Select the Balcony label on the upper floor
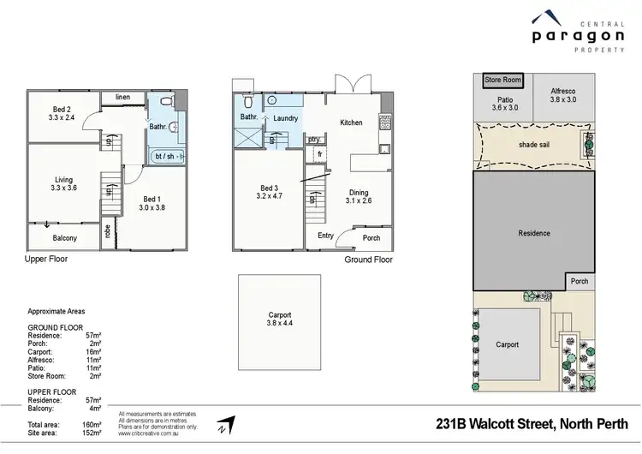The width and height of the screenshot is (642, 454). point(64,238)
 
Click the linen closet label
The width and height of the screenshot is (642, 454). point(123,98)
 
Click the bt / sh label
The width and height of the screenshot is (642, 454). point(167,156)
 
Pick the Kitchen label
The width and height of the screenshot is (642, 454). point(351,122)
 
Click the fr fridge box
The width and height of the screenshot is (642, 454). point(320,154)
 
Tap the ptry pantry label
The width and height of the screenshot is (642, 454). point(314,139)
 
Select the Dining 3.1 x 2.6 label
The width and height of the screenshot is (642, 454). point(358,197)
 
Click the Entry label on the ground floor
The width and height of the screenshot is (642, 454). point(326,236)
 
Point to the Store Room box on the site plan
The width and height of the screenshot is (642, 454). point(502,80)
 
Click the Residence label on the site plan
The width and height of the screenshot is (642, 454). point(534,233)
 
